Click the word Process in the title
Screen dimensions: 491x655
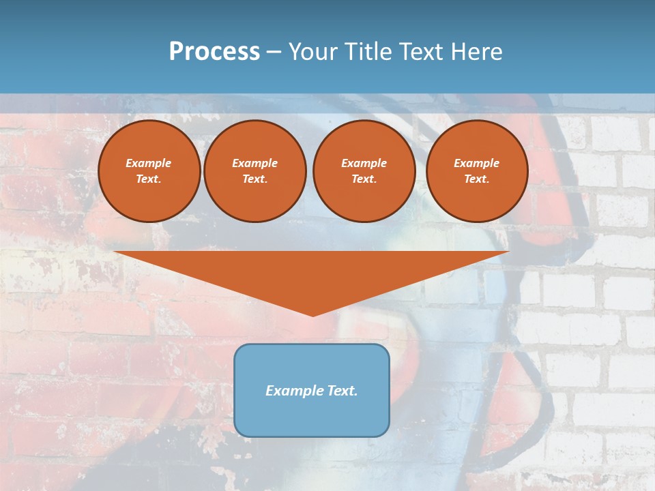(214, 52)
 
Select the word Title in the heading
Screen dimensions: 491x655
(370, 52)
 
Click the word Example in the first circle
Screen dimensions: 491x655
(149, 163)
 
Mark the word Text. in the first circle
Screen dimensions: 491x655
(149, 179)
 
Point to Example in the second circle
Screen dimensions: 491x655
(255, 163)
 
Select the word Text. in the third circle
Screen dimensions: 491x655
(364, 179)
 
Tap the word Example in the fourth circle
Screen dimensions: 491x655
(477, 163)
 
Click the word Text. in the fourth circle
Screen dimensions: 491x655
(477, 179)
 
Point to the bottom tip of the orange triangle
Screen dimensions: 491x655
(312, 314)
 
